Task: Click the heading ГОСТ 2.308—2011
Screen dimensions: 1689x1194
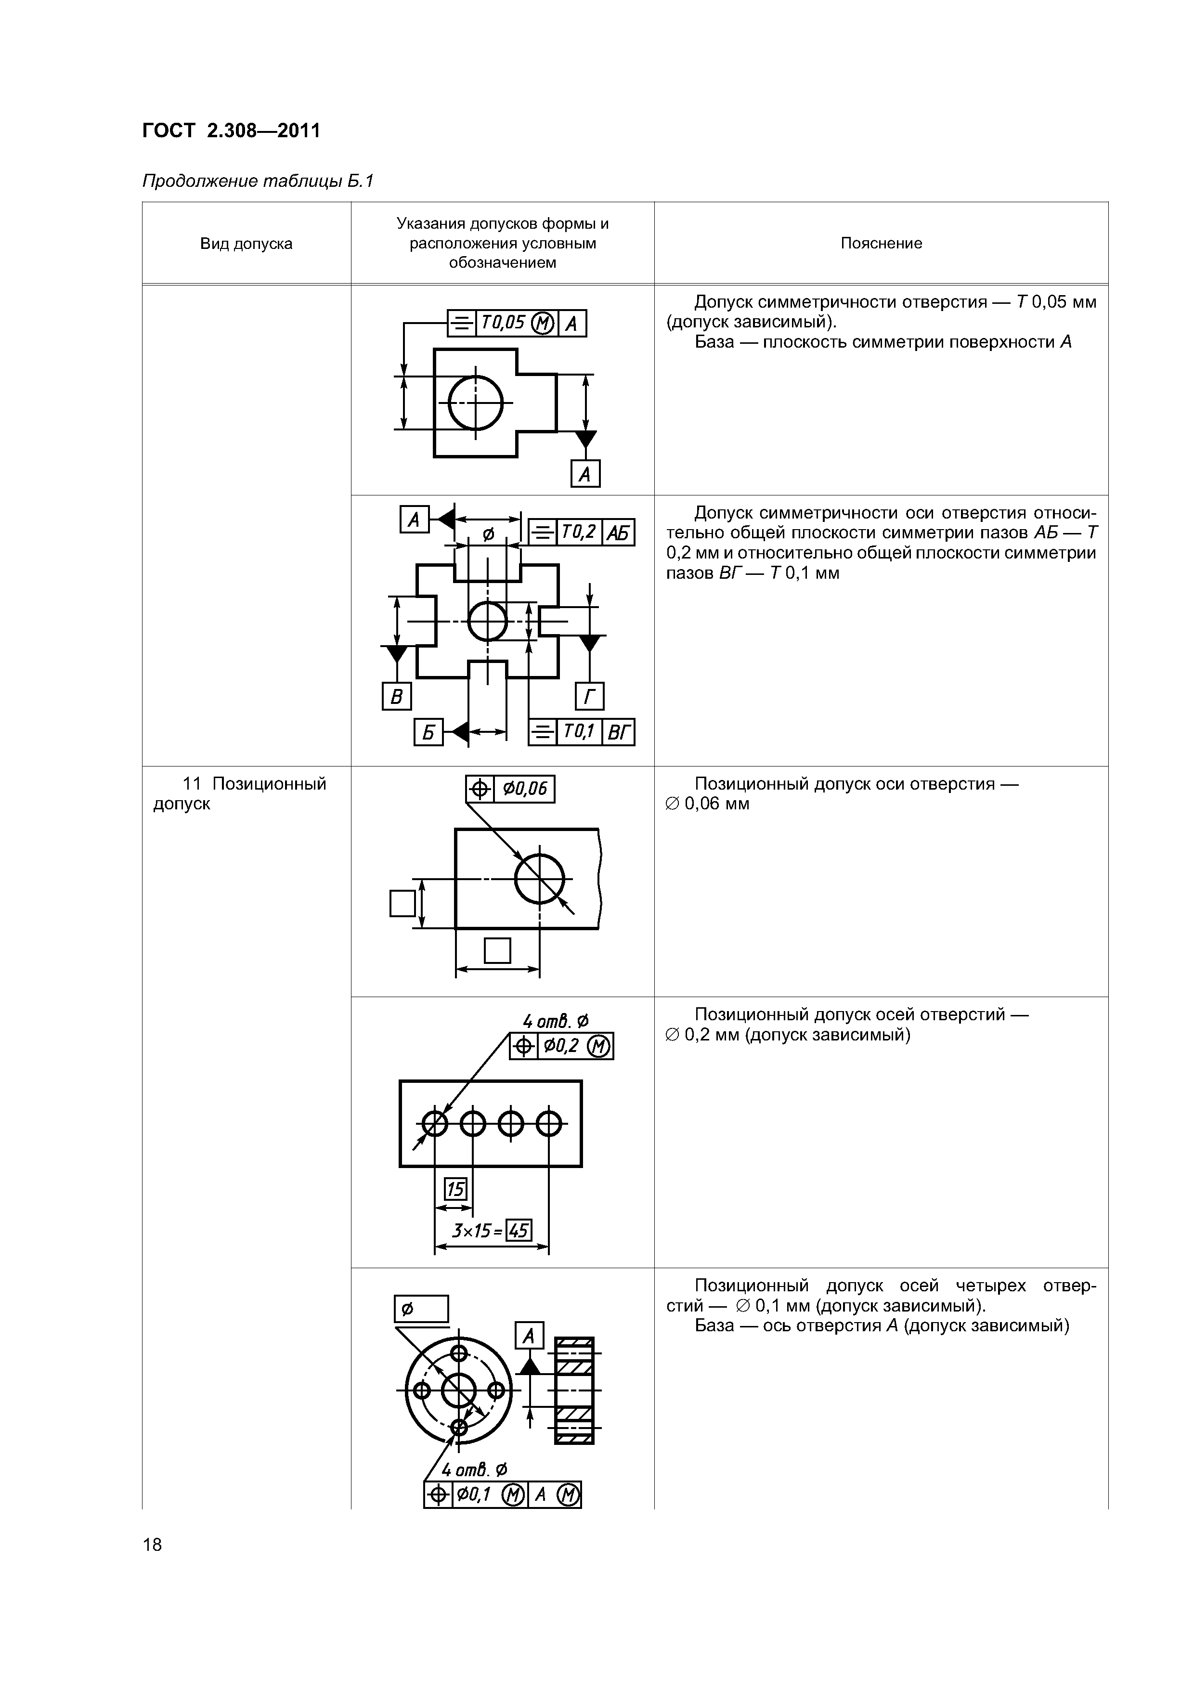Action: click(231, 131)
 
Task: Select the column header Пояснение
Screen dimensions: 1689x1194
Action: click(881, 244)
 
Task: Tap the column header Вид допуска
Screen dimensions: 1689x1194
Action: click(246, 244)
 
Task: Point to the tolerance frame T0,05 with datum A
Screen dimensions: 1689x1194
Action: click(517, 323)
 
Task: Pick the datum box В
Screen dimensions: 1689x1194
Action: click(396, 696)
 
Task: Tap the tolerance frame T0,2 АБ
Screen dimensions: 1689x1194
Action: click(581, 532)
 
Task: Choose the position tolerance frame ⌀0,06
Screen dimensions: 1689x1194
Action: click(510, 789)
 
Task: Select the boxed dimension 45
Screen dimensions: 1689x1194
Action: click(519, 1230)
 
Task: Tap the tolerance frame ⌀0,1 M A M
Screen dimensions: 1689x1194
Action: click(503, 1494)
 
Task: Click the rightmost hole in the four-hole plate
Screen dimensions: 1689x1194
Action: click(549, 1123)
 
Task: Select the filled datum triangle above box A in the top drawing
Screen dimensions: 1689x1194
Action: click(585, 439)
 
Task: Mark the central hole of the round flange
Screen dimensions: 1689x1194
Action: click(458, 1390)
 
